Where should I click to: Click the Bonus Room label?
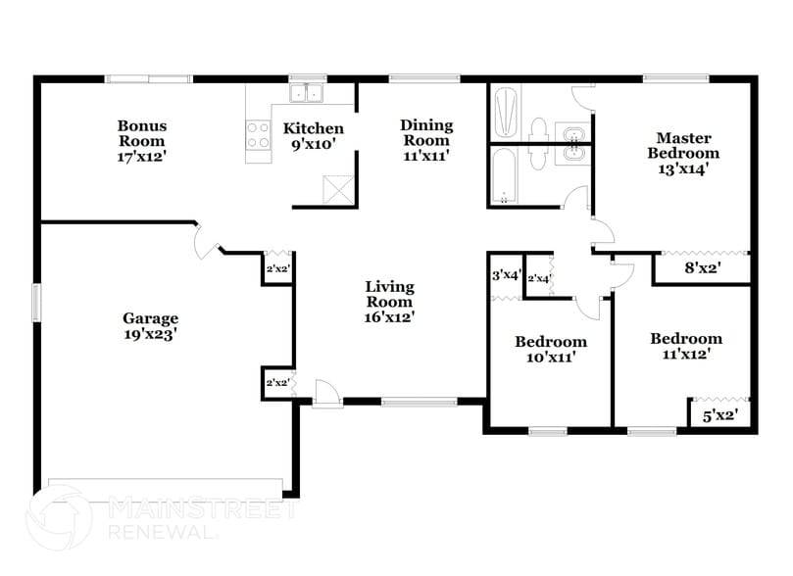142,141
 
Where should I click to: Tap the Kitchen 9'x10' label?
314,136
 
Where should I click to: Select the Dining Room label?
426,140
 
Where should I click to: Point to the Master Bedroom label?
684,153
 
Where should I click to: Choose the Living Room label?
389,302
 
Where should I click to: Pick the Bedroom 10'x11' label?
551,350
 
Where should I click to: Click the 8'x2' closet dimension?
702,266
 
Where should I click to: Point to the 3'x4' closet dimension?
506,275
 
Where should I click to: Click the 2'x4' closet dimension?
539,279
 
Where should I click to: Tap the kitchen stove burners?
259,134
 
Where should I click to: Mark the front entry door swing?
327,391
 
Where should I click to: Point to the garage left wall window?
37,302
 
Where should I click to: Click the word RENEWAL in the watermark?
162,533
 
